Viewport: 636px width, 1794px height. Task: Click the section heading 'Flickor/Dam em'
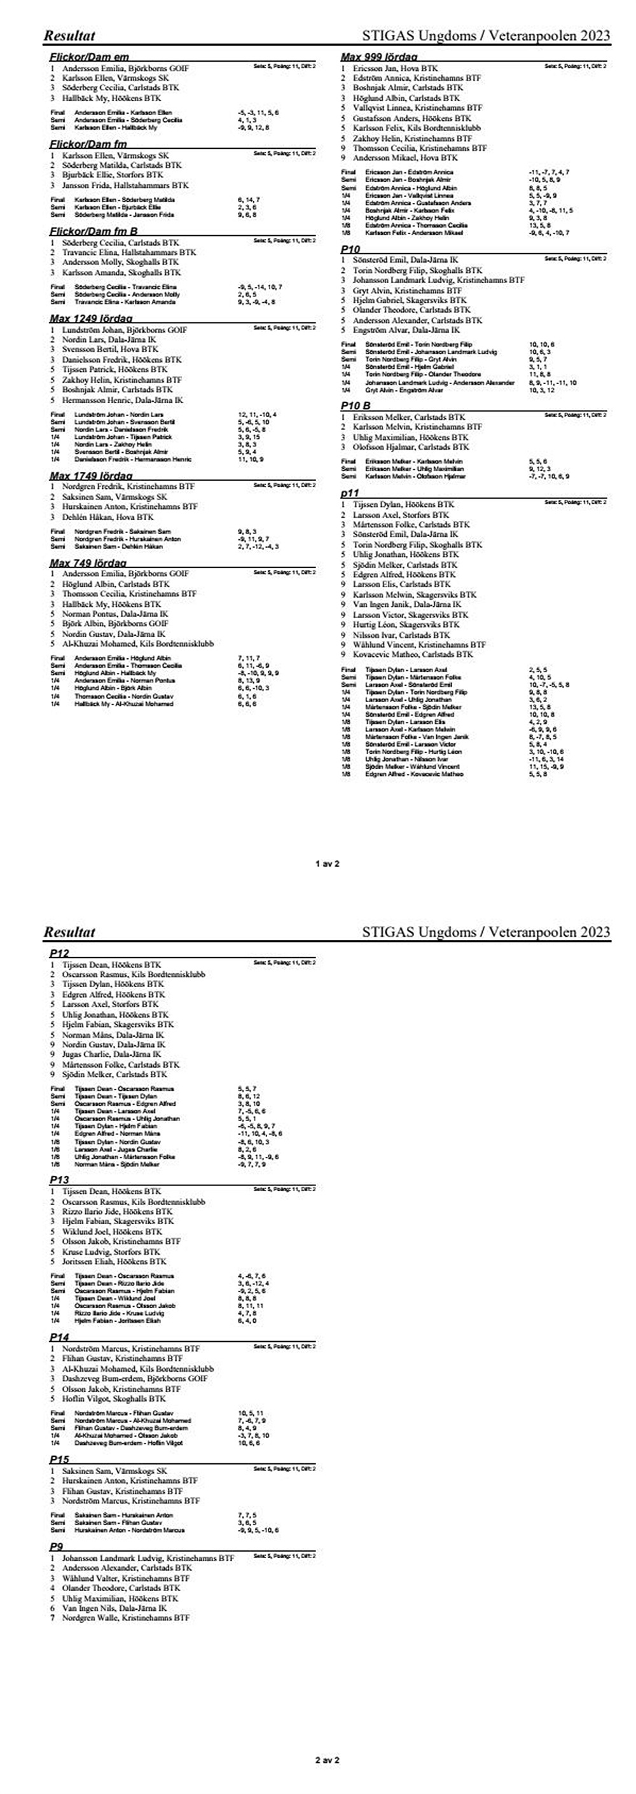click(x=89, y=57)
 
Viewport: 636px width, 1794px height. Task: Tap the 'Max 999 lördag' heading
click(x=379, y=57)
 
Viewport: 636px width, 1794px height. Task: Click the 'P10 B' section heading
click(x=356, y=405)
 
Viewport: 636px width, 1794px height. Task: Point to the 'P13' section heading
click(x=59, y=1180)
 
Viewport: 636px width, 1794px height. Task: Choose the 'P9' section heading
click(x=57, y=1546)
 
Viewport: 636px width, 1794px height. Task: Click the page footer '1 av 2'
click(x=327, y=864)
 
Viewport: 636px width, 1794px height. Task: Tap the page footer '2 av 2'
click(x=327, y=1760)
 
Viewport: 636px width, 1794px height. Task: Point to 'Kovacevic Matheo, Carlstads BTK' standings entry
click(x=412, y=654)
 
